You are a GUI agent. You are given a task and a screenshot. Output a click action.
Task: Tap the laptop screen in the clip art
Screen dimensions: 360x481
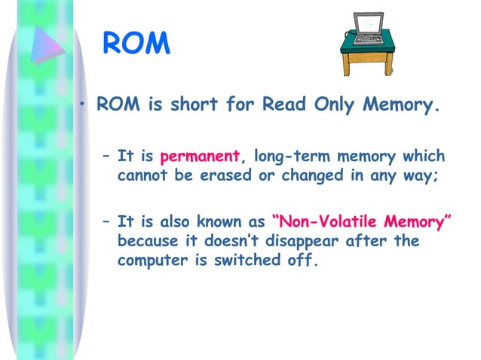point(368,26)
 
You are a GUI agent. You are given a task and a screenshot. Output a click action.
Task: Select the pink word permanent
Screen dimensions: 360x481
point(199,157)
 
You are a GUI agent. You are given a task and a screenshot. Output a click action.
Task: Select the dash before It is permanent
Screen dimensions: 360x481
point(106,157)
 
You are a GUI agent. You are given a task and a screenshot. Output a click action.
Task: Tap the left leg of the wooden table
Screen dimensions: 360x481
point(345,63)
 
